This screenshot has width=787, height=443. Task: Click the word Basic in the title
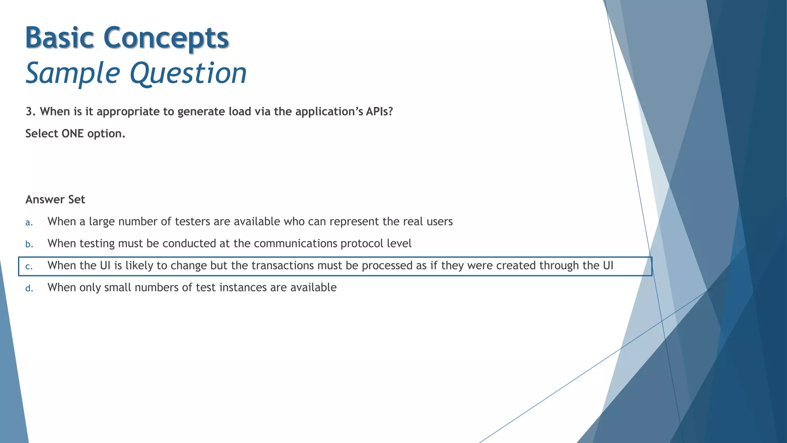(x=60, y=38)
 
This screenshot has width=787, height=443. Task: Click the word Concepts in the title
(x=166, y=38)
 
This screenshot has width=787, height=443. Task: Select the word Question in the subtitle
(x=188, y=73)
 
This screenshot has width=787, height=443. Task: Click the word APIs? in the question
(x=379, y=112)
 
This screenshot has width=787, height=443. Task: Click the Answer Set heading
(x=55, y=199)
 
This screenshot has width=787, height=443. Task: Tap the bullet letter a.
(x=29, y=222)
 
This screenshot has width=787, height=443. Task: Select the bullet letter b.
(x=29, y=244)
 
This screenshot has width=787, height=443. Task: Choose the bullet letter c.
(x=29, y=266)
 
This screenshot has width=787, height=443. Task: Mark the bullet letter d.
(x=29, y=288)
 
